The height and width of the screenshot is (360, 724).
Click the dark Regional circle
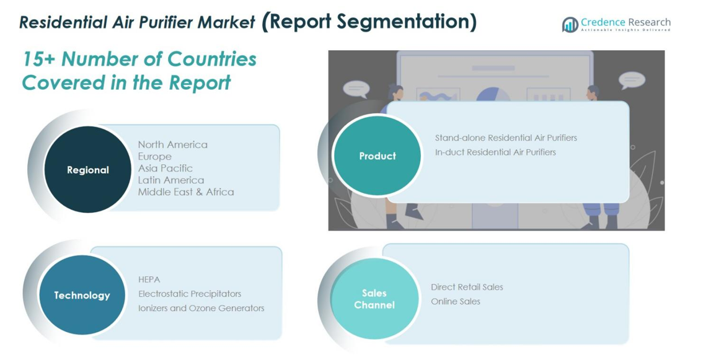[x=88, y=169]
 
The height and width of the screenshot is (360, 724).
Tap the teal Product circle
[x=377, y=156]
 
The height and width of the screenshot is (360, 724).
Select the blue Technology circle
[x=82, y=295]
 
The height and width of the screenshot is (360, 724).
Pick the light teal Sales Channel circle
[x=374, y=299]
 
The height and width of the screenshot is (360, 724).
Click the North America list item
[x=173, y=144]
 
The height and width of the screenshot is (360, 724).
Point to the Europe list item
[x=155, y=157]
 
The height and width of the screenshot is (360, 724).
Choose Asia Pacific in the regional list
[x=166, y=169]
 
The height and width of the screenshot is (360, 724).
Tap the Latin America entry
[x=171, y=180]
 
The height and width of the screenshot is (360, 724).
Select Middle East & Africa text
[x=186, y=192]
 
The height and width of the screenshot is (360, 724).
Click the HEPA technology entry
[x=149, y=279]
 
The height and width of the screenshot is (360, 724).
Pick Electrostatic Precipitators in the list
[x=190, y=294]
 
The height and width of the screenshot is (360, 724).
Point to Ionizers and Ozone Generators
[x=201, y=308]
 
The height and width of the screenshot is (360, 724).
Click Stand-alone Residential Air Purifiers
[x=506, y=138]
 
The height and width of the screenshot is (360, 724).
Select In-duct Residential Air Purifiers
[x=495, y=152]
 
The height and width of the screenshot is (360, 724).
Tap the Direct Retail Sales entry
[x=467, y=287]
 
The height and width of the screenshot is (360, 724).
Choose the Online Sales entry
[x=455, y=301]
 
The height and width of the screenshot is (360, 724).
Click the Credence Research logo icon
[x=570, y=24]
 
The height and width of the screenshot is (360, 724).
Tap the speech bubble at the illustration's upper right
[x=632, y=80]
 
